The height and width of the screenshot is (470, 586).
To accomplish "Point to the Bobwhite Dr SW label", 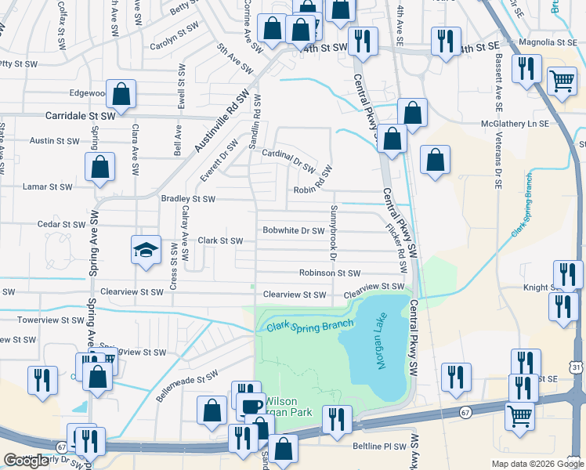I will [x=293, y=230].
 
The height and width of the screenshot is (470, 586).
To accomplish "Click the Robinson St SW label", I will [x=329, y=273].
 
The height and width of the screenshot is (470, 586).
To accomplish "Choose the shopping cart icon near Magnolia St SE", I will [x=562, y=80].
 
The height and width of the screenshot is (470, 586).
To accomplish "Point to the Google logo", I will [x=27, y=461].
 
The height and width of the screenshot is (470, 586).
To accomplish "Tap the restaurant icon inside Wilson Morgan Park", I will [x=337, y=419].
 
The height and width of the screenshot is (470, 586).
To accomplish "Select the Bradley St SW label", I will [x=188, y=199].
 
